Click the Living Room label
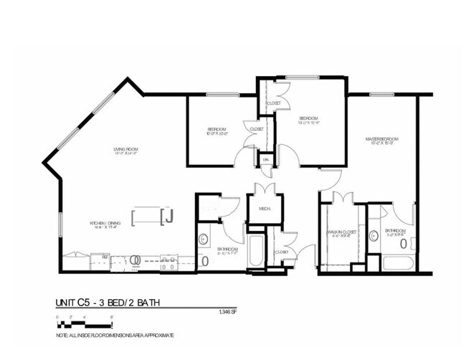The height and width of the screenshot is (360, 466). [125, 151]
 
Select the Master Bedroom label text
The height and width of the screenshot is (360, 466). [382, 138]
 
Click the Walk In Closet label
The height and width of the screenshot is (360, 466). [343, 233]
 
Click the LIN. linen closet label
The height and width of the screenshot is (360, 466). [266, 160]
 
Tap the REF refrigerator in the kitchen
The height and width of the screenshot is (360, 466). [105, 257]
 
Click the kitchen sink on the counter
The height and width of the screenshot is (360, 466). [169, 262]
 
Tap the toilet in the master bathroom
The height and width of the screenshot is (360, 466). [404, 243]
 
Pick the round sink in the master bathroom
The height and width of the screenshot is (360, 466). [373, 235]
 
